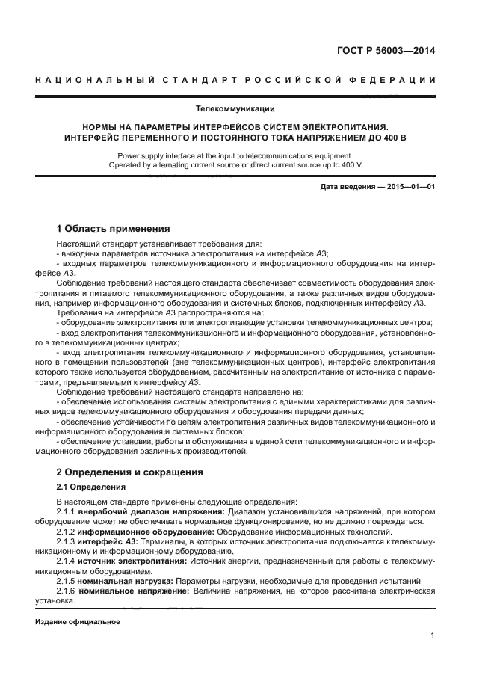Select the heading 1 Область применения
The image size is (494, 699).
[114, 228]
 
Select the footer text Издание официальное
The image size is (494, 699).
[78, 622]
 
